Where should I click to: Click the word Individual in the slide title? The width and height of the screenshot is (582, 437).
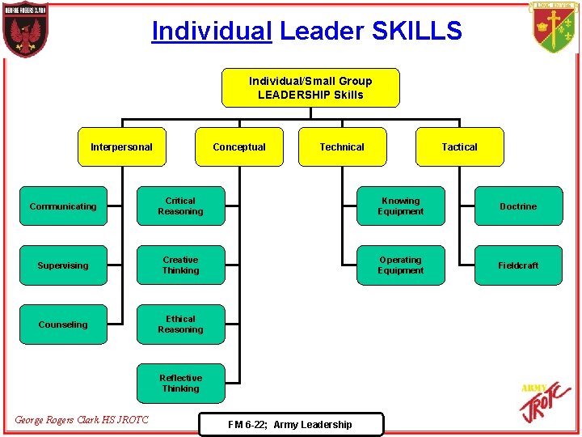point(212,31)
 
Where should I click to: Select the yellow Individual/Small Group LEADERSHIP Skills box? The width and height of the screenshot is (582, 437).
point(310,87)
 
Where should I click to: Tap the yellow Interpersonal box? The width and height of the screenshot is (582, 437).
point(121,146)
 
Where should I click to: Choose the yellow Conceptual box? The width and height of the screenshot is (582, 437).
point(239,146)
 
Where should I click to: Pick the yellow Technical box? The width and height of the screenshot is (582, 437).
point(342,146)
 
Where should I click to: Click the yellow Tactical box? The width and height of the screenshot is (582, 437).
point(459,146)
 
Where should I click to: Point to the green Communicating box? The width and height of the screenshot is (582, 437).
point(63,206)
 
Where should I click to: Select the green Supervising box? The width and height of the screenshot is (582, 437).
point(63,265)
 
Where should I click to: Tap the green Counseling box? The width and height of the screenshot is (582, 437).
point(63,325)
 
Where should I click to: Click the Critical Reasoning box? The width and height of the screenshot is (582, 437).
point(180,206)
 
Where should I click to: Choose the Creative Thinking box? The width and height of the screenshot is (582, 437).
point(180,265)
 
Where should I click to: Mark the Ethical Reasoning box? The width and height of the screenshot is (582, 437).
point(180,325)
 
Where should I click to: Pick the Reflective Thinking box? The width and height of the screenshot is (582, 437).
point(180,384)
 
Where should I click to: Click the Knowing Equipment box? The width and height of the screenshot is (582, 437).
point(400,206)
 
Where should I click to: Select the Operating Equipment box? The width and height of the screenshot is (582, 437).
point(400,265)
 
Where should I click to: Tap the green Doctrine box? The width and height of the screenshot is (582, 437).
point(518,206)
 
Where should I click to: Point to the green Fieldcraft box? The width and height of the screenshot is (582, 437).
point(518,265)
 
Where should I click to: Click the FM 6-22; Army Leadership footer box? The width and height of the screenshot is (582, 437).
point(290,424)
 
